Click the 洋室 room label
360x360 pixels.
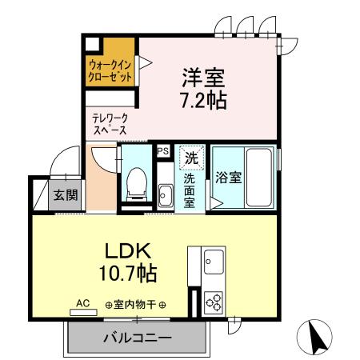pyautogui.click(x=203, y=78)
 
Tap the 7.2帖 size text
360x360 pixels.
pyautogui.click(x=203, y=101)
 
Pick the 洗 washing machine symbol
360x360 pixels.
pyautogui.click(x=191, y=158)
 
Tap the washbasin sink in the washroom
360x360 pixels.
pyautogui.click(x=165, y=194)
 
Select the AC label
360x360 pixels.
pyautogui.click(x=82, y=303)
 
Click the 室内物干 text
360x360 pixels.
pyautogui.click(x=136, y=305)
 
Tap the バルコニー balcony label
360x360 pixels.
pyautogui.click(x=136, y=338)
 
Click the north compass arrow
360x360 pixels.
pyautogui.click(x=317, y=336)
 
